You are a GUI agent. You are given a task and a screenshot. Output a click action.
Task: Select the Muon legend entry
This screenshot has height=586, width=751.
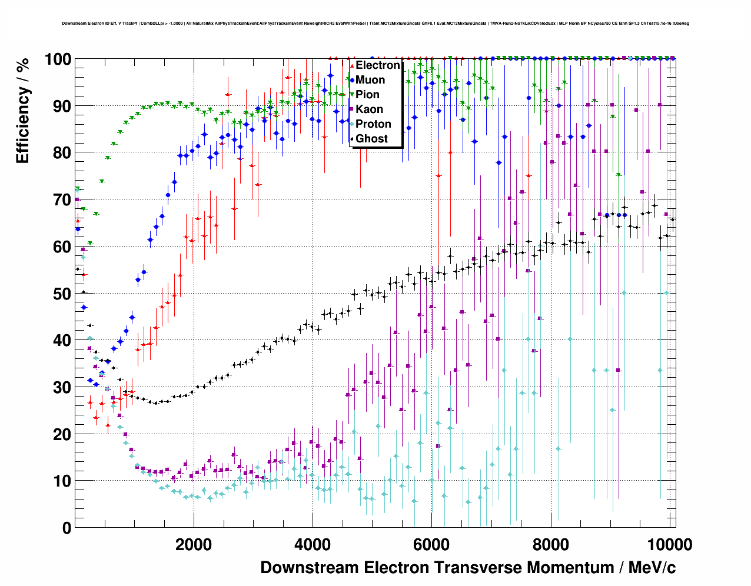coord(370,80)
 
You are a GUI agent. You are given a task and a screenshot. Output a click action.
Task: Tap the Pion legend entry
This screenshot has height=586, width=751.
coord(367,95)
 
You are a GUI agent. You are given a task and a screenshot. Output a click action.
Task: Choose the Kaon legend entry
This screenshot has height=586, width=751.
coord(369,109)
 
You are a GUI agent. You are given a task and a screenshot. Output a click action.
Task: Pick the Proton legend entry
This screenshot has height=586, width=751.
coord(373,124)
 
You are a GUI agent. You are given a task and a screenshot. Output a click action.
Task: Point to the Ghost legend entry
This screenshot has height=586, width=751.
coord(371,139)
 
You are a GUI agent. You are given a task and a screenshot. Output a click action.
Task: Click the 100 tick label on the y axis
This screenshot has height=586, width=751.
coord(58,59)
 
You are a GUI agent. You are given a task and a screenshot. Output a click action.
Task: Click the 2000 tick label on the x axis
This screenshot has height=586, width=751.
coord(194,544)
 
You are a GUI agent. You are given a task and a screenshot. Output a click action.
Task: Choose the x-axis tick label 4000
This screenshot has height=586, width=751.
coord(313,544)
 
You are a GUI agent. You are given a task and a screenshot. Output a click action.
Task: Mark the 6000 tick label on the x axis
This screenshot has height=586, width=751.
coord(431,544)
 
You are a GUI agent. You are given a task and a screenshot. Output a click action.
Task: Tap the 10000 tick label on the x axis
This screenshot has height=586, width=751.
coord(669,544)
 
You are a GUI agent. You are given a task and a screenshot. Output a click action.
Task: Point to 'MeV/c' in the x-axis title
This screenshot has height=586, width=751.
coord(652,568)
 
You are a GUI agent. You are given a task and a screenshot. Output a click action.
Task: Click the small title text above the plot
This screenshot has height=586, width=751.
coord(375,24)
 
